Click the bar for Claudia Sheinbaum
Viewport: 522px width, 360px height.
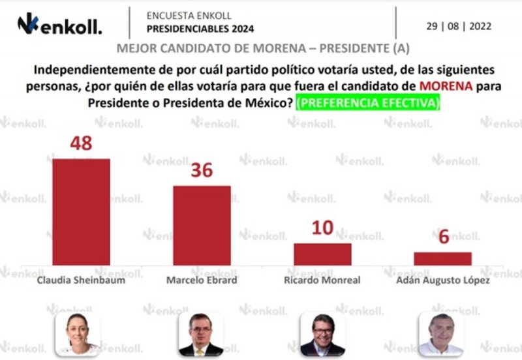tap(81, 212)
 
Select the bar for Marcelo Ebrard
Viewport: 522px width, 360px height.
tap(202, 225)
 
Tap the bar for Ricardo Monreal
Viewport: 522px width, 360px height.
tap(322, 254)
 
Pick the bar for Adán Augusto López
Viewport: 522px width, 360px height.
tap(442, 258)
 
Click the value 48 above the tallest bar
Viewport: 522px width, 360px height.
tap(81, 143)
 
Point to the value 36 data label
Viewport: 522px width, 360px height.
tap(202, 170)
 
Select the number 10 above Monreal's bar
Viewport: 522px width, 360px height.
tap(322, 228)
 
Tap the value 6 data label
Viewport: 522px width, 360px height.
tap(443, 237)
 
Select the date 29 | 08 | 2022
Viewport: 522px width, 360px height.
tap(459, 26)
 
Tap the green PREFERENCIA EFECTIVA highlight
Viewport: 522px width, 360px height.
tap(367, 103)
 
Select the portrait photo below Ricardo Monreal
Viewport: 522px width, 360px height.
tap(322, 333)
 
